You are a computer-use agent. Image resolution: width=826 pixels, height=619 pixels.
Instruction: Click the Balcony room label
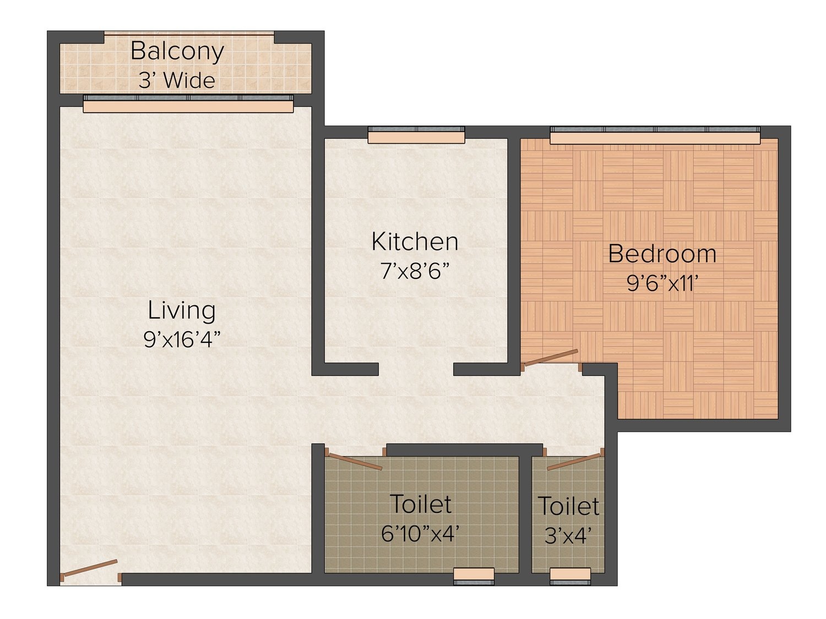pos(177,52)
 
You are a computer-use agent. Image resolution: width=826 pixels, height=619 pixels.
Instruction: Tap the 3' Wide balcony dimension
pos(177,80)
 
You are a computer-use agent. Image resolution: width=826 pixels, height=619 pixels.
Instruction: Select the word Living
pos(182,311)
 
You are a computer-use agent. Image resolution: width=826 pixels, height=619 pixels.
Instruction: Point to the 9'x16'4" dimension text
pos(182,339)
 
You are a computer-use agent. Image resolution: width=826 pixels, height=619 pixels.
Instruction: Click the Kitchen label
pos(415,242)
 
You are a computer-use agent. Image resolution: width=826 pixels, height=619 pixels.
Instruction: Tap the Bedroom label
pos(662,254)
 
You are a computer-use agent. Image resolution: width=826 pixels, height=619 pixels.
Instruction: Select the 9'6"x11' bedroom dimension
pos(662,283)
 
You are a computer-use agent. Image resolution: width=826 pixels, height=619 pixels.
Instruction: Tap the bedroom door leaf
pos(551,358)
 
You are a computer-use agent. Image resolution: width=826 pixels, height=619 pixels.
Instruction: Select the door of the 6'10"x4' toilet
pos(355,461)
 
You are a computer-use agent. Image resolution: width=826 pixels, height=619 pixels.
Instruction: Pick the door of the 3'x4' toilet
pos(574,462)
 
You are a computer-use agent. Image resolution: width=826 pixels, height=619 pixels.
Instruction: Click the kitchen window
pos(416,135)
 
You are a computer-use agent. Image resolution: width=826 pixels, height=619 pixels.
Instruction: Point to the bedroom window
pos(655,135)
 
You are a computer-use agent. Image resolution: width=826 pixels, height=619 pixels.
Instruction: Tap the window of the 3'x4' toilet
pos(570,576)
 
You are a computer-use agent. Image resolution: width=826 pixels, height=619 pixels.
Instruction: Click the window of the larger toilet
pos(474,576)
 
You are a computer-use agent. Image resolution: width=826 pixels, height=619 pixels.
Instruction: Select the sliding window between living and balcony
pos(188,104)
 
